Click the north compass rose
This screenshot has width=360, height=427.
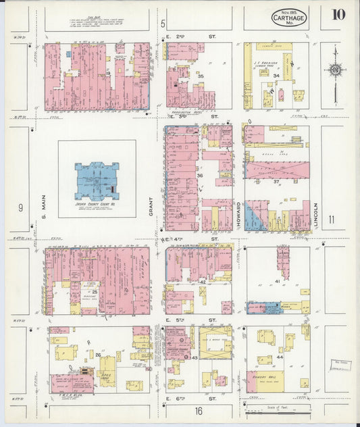click(x=335, y=70)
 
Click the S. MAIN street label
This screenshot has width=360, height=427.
click(x=43, y=206)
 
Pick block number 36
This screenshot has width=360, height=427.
click(x=199, y=176)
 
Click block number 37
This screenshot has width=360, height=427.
click(x=276, y=181)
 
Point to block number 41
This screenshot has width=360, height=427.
click(x=277, y=280)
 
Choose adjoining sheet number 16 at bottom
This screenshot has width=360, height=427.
click(x=199, y=410)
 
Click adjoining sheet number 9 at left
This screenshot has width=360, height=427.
click(x=20, y=207)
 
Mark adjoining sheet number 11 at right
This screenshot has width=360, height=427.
click(x=331, y=219)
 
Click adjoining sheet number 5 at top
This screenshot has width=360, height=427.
click(x=163, y=24)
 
